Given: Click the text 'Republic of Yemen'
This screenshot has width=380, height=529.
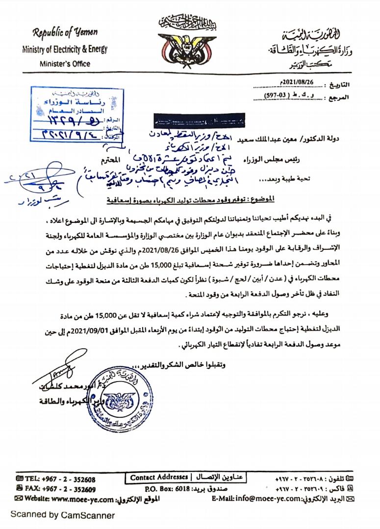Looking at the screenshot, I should [x=65, y=33].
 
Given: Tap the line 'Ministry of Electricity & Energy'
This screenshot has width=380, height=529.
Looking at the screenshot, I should [x=64, y=49].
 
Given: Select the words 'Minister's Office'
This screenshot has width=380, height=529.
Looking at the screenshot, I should [x=65, y=64].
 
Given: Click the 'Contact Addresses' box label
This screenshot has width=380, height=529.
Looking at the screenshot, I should [x=159, y=477].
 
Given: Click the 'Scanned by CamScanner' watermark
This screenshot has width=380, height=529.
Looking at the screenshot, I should [x=63, y=515].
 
